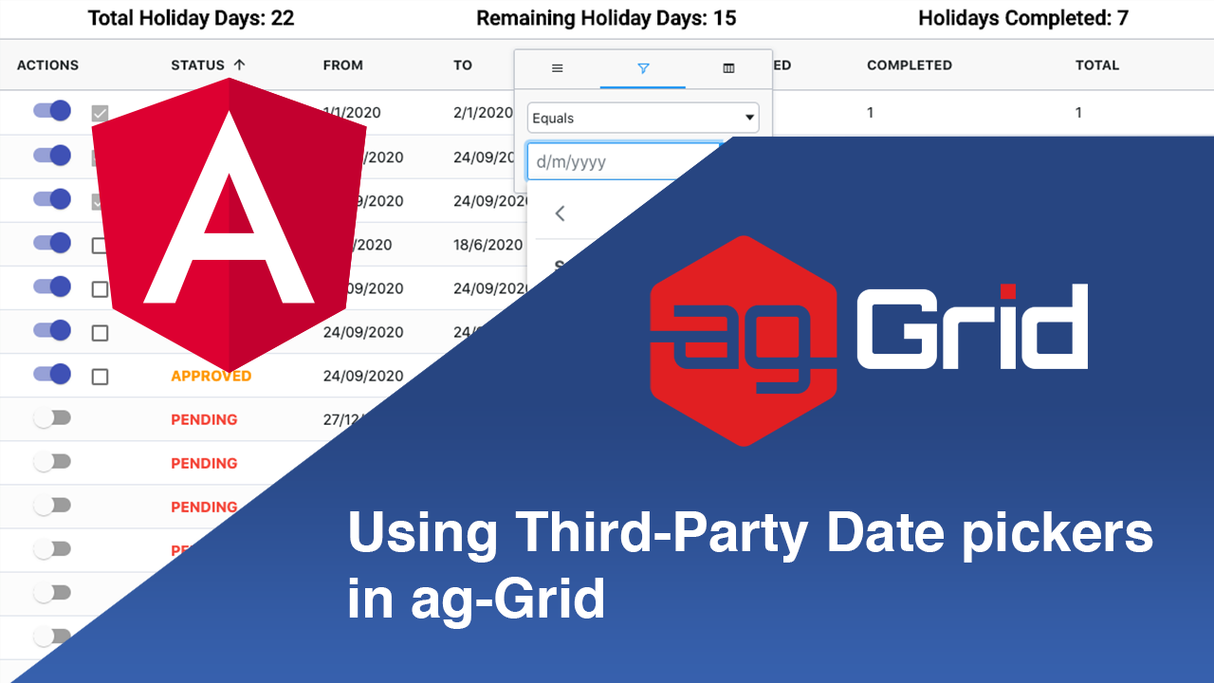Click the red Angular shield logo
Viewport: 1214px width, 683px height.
(229, 225)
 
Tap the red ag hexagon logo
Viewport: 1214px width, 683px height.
(743, 340)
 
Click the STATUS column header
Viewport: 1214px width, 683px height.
(197, 65)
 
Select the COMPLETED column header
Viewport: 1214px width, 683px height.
(909, 65)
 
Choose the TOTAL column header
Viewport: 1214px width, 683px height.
(1096, 65)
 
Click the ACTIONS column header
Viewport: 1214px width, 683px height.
(47, 65)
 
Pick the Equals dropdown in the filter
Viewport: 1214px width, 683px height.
(643, 118)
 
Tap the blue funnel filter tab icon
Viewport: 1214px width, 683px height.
(643, 68)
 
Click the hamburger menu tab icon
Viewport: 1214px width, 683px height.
(558, 68)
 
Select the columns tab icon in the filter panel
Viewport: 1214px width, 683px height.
(728, 68)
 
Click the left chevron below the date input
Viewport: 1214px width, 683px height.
(560, 213)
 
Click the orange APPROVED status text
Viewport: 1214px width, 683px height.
(211, 376)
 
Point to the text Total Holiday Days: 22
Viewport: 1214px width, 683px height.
(191, 18)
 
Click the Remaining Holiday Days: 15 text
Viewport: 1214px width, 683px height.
(606, 18)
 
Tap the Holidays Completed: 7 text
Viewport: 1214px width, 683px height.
(1023, 18)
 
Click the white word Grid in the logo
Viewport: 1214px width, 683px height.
(971, 326)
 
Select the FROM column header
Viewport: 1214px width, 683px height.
(342, 65)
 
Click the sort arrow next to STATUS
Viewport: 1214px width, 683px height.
(239, 65)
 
